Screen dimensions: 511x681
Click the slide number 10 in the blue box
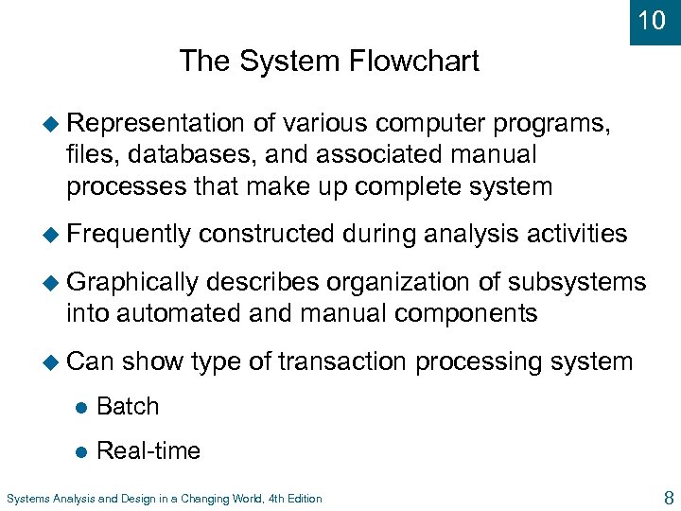click(x=653, y=20)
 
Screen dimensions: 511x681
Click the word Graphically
click(x=132, y=282)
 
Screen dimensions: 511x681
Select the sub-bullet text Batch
click(x=128, y=406)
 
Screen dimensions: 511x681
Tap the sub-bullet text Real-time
click(x=148, y=450)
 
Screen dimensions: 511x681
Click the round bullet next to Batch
click(x=80, y=407)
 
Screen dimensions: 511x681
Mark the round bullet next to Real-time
click(x=80, y=451)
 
